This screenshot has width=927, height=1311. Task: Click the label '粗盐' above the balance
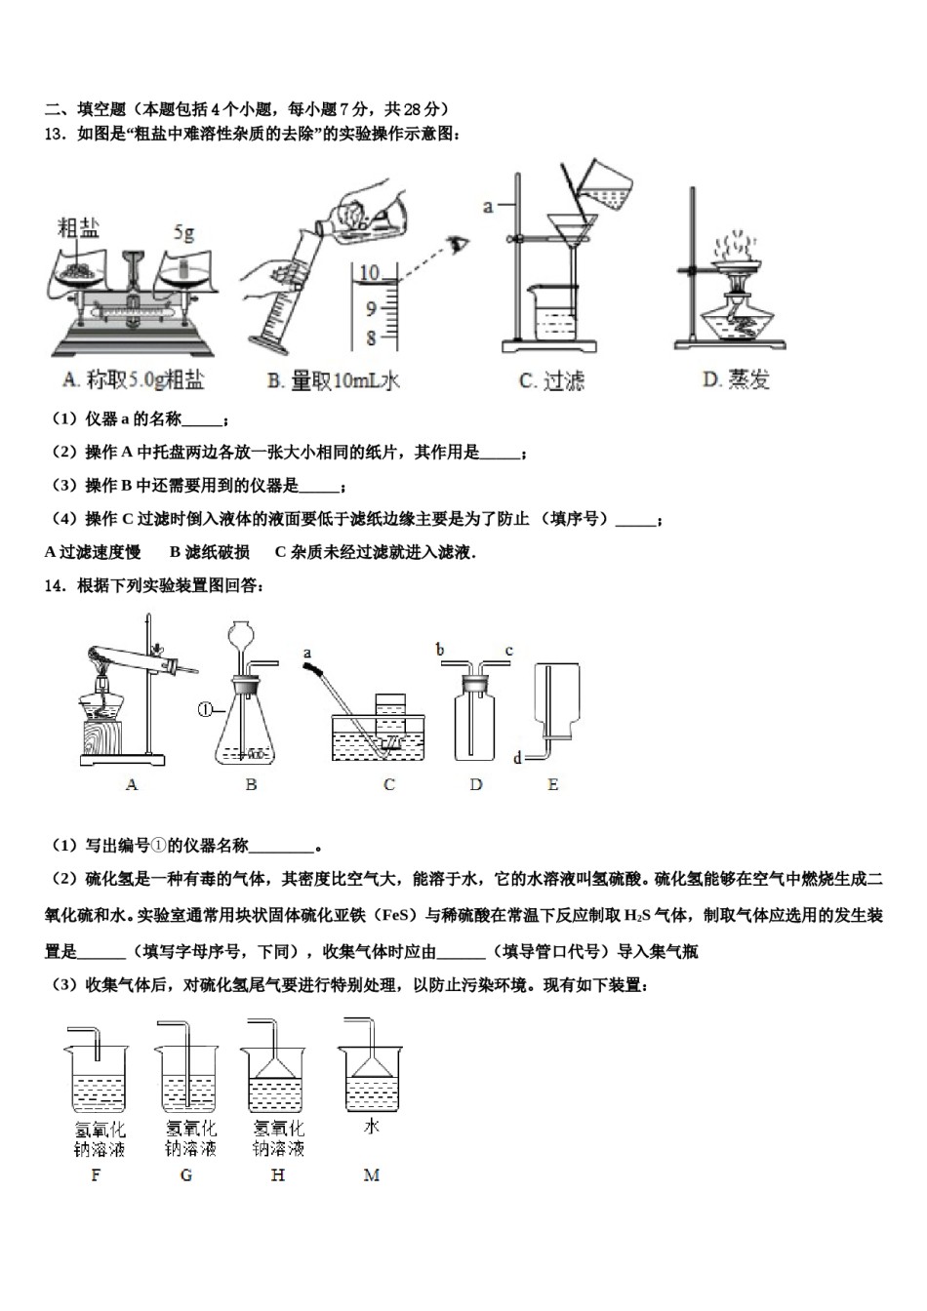79,228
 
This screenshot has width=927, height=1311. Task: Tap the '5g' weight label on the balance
183,233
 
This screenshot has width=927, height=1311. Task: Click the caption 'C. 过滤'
551,380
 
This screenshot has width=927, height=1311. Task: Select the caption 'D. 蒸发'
736,379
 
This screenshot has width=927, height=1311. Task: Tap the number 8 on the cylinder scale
371,338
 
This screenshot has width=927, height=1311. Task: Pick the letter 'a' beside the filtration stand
488,206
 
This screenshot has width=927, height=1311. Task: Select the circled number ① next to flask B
205,709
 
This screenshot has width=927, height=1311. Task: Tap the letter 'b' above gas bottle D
440,650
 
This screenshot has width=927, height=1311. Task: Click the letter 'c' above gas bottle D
508,650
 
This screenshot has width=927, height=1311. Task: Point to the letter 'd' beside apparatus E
517,757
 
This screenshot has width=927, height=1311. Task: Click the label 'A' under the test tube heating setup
132,783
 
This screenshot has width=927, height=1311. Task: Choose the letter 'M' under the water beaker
371,1174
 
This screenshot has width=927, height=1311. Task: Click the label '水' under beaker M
371,1126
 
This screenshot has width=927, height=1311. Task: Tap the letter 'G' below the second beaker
186,1174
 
